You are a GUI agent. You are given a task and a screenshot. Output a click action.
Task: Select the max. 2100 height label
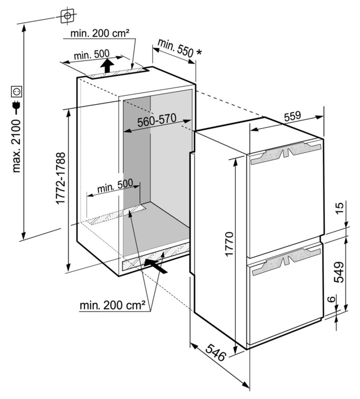coord(17,145)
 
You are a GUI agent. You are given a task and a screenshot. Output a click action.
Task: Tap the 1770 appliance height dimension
coord(228,243)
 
